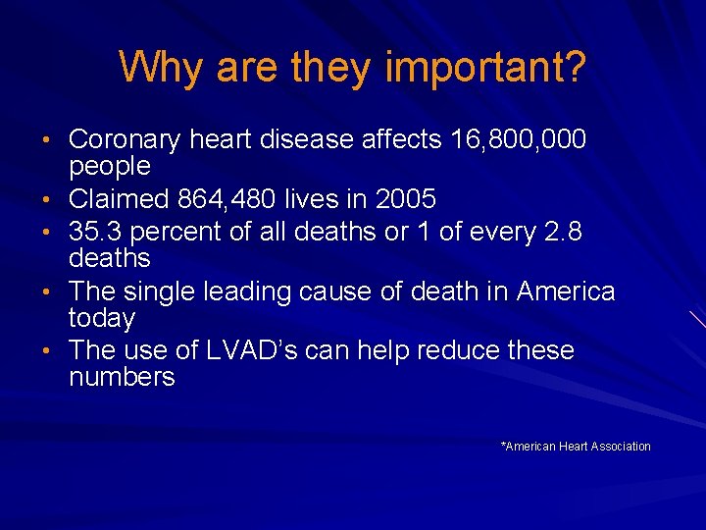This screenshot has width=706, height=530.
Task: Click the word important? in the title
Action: click(486, 68)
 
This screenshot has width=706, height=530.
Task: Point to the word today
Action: click(102, 319)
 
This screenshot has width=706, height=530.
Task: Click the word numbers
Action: click(122, 377)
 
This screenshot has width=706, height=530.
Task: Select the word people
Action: click(110, 168)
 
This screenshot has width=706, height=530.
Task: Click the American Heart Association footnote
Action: click(576, 447)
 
